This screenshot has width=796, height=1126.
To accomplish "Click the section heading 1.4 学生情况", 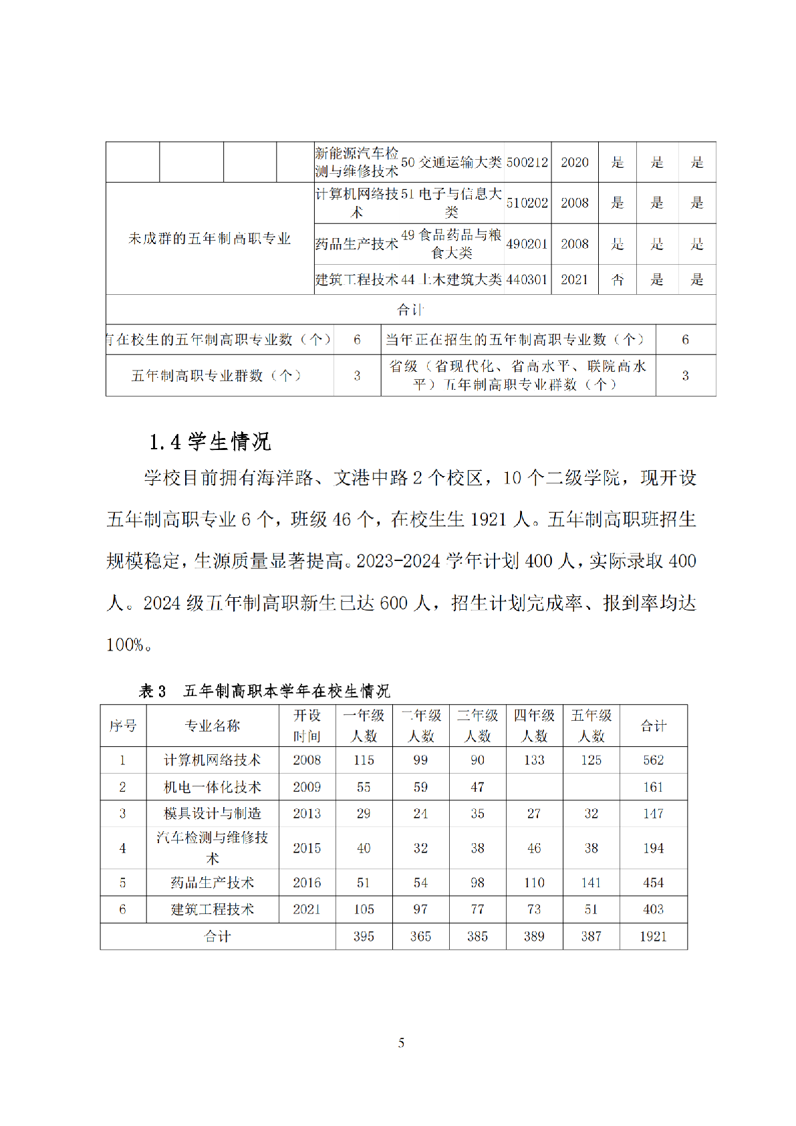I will click(x=209, y=441).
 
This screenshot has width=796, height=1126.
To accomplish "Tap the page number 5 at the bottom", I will click(x=401, y=1042).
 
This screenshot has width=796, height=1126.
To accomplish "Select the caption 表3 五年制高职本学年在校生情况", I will click(x=264, y=691).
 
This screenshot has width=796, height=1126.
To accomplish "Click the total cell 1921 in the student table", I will click(x=653, y=936).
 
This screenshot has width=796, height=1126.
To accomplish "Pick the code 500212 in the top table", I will click(x=527, y=162).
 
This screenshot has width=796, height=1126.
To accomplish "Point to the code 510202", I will click(x=527, y=203).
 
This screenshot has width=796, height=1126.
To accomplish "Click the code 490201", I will click(x=527, y=244).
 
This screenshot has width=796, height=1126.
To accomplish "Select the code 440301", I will click(x=527, y=279).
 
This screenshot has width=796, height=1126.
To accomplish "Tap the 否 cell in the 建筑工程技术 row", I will click(x=618, y=279).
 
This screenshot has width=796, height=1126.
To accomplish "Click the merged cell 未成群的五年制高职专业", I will click(x=209, y=239).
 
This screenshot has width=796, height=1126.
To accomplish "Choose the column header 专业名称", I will click(x=213, y=725).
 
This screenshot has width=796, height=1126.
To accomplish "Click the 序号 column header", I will click(x=123, y=725).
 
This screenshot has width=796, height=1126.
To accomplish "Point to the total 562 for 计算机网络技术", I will click(x=653, y=760).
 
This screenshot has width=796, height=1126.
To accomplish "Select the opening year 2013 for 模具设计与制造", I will click(x=307, y=813).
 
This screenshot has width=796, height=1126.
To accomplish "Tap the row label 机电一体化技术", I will click(x=213, y=787).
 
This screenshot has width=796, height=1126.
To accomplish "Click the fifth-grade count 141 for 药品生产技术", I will click(x=591, y=883).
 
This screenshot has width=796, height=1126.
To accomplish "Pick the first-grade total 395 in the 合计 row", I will click(x=364, y=936).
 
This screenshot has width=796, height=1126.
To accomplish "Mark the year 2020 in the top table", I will click(x=574, y=162).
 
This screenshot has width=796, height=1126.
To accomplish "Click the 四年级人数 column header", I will click(x=534, y=725).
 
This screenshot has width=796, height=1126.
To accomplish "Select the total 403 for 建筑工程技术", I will click(x=653, y=909).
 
